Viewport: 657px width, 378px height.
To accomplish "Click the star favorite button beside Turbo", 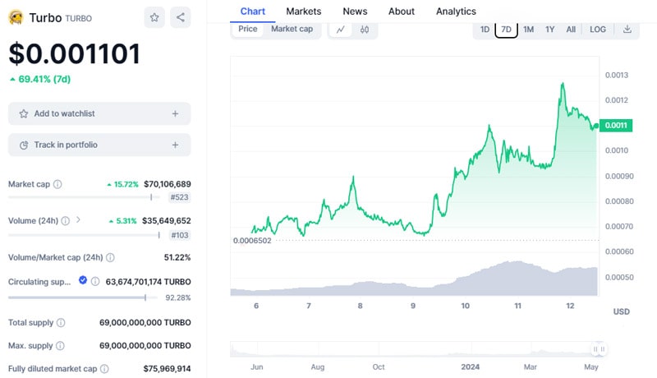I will click(154, 17).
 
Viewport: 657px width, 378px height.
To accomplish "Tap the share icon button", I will click(181, 17).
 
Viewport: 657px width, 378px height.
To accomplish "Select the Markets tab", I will click(304, 12).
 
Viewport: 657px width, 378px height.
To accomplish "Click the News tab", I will click(355, 12).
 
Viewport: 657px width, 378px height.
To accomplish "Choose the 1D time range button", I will click(485, 30).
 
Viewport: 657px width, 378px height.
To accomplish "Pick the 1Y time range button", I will click(550, 30).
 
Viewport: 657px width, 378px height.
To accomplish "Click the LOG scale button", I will click(598, 30).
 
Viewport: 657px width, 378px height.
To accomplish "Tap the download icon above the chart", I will click(627, 30).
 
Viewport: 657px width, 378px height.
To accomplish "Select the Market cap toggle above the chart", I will click(292, 29).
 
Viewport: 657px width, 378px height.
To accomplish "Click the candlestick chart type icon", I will click(364, 30).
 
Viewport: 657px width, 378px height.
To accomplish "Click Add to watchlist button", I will click(99, 113).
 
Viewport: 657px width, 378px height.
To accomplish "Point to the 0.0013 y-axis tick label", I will click(617, 75).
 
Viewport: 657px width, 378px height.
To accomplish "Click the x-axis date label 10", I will click(465, 306).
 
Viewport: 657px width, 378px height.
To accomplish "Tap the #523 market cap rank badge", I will click(180, 197).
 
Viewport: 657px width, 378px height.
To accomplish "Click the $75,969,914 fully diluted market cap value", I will click(167, 368).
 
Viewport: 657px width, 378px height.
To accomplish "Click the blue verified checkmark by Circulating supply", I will click(83, 280).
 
